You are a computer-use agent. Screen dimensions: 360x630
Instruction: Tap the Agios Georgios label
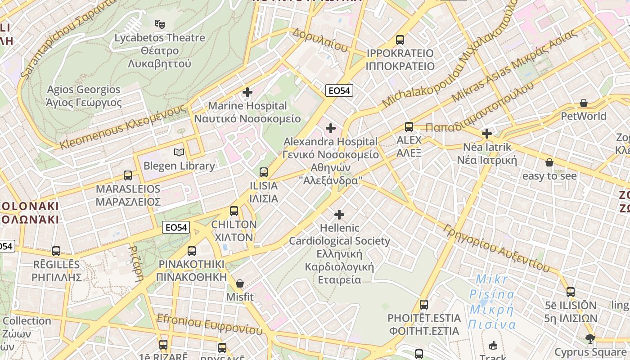coord(84,90)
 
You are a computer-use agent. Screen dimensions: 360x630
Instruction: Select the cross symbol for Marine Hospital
coord(247,93)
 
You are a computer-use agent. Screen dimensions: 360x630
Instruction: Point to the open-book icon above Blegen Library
coord(179,153)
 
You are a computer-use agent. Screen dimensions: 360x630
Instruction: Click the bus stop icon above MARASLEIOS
coord(128,175)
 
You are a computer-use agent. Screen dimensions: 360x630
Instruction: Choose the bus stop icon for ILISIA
coord(264,172)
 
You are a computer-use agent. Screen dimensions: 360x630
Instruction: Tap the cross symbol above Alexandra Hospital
coord(331,129)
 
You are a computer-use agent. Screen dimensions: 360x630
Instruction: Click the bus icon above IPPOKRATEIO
coord(400,40)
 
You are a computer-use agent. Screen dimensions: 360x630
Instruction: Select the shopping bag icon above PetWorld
coord(584,103)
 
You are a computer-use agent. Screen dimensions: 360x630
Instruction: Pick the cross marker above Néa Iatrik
coord(486,134)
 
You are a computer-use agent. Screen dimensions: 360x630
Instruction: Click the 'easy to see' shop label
coord(549,176)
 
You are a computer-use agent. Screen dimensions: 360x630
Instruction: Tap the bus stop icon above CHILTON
coord(234,211)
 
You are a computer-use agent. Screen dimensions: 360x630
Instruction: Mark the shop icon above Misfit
coord(240,283)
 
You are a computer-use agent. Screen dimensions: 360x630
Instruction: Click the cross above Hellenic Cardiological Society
coord(339,215)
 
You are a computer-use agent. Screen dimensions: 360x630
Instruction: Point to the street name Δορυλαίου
coord(319,39)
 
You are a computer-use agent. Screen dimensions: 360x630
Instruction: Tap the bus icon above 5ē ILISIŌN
coord(571,292)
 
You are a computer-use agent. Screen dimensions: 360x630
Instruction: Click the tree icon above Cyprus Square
coord(590,338)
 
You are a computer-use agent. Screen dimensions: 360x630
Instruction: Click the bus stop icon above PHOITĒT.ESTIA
coord(423,305)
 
